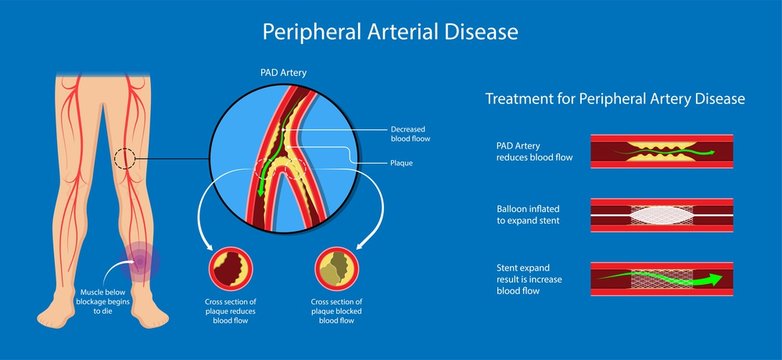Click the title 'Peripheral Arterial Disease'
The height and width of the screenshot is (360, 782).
click(390, 32)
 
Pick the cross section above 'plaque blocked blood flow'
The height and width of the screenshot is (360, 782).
click(335, 270)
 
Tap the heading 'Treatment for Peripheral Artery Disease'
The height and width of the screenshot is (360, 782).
click(615, 99)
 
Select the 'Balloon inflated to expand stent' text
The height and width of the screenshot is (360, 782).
click(532, 213)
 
